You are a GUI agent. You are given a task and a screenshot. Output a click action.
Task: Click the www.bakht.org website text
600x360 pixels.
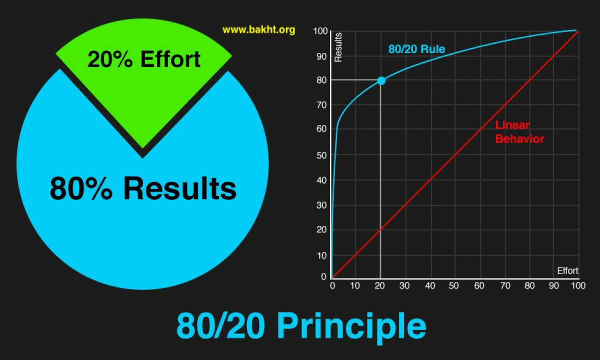(x=259, y=29)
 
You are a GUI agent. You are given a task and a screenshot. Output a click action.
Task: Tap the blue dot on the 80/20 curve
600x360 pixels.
(x=381, y=80)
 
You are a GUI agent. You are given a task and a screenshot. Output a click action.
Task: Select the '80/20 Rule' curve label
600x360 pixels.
(x=417, y=49)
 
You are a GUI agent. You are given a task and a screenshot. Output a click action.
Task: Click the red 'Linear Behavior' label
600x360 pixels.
(x=519, y=132)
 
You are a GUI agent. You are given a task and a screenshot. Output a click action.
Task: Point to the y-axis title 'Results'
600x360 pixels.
(x=338, y=47)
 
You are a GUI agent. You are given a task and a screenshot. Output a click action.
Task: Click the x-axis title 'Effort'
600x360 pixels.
(x=567, y=271)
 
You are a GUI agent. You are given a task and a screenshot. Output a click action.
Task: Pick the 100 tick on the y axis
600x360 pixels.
(x=320, y=31)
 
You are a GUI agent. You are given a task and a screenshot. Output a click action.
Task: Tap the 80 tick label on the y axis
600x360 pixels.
(x=321, y=80)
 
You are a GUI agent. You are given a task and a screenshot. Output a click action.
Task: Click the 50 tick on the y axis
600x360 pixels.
(x=321, y=155)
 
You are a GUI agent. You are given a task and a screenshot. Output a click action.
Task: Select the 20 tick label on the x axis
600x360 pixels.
(x=380, y=286)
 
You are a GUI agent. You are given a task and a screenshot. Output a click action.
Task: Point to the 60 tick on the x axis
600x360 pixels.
(x=479, y=286)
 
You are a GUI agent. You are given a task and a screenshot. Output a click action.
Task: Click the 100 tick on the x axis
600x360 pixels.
(x=578, y=286)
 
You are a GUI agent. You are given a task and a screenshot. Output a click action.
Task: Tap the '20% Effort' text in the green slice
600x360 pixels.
(x=144, y=59)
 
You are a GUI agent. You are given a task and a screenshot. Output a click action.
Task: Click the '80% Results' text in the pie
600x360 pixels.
(x=143, y=188)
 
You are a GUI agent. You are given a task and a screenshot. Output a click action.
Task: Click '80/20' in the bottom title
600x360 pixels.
(x=220, y=326)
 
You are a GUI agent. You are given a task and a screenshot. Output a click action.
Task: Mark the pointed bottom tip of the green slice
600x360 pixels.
(x=142, y=148)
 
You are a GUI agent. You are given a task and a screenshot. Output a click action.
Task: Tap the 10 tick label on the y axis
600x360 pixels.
(x=321, y=256)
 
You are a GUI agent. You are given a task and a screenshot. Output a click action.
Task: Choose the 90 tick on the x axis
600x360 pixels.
(x=554, y=286)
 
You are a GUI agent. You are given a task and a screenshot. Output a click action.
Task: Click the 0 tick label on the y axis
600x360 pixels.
(x=323, y=276)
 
